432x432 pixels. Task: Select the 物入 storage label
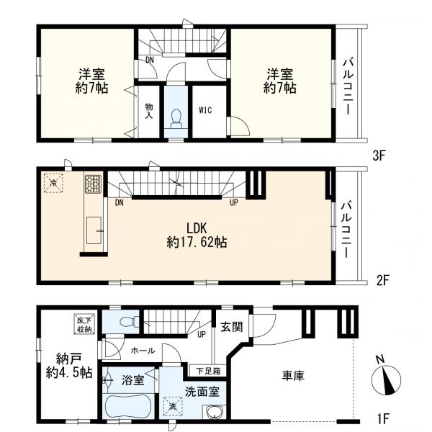coord(149,110)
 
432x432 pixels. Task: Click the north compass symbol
coord(387,378)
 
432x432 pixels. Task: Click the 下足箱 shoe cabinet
coord(210,372)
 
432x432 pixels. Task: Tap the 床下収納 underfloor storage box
coord(83,325)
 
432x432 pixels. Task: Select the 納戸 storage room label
coord(65,365)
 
